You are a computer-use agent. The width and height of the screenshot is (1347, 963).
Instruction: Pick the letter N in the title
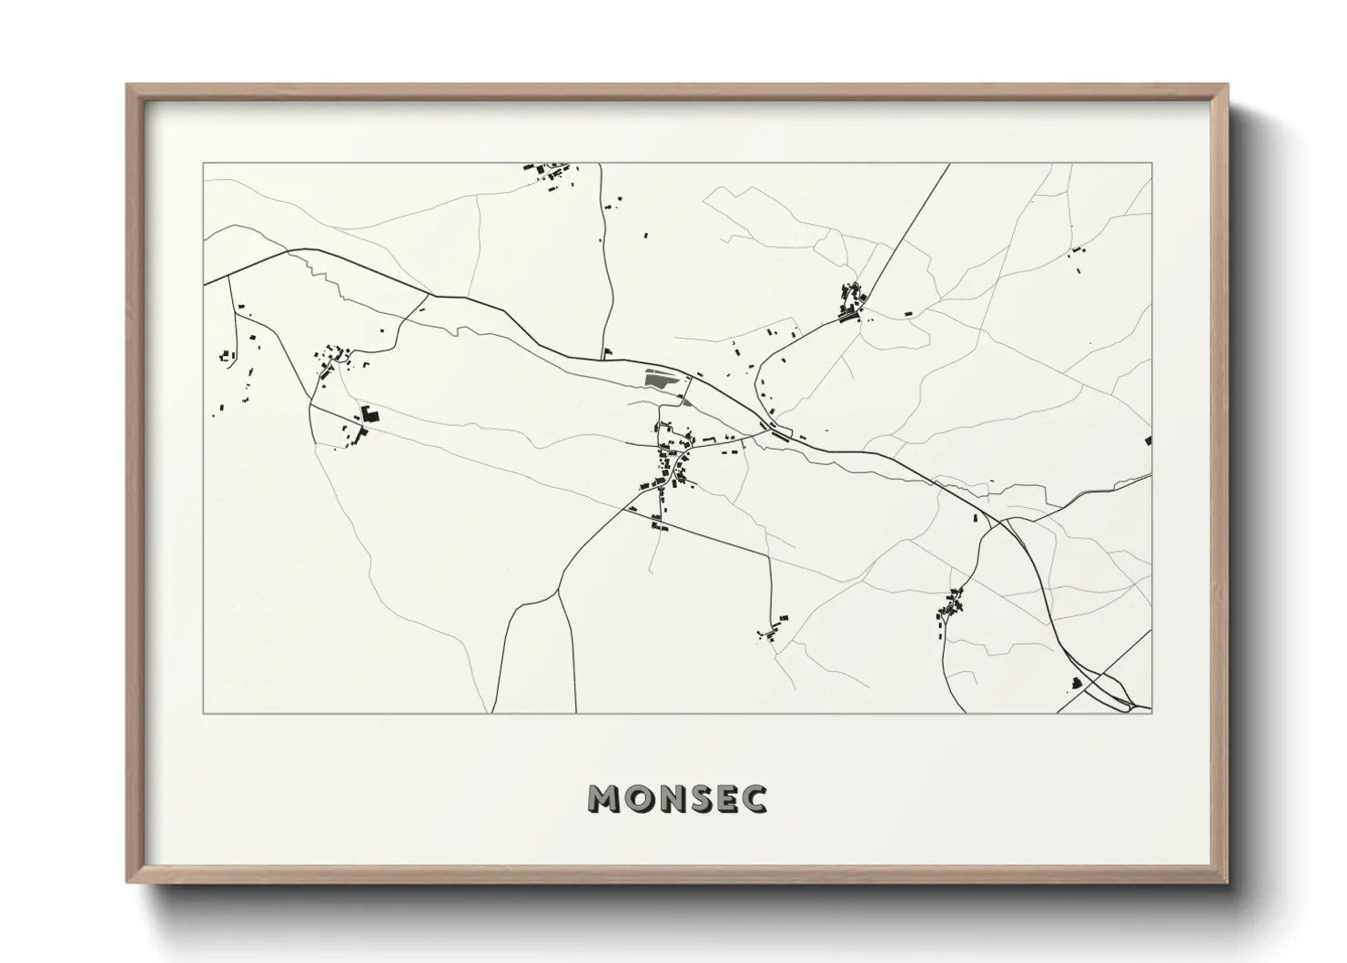[x=669, y=799]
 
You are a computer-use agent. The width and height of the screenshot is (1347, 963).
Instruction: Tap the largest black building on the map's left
[x=369, y=415]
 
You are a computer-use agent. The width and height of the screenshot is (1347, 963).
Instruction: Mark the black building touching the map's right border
[x=1149, y=441]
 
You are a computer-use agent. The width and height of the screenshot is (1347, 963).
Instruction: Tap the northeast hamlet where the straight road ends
[x=853, y=302]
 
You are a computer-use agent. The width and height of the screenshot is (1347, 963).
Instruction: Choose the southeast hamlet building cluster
[x=950, y=607]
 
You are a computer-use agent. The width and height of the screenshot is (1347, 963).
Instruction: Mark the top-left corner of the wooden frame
[x=127, y=86]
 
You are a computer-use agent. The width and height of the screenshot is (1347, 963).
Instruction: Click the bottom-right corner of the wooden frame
[x=1228, y=883]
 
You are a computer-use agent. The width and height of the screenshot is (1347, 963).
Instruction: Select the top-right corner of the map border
[x=1152, y=164]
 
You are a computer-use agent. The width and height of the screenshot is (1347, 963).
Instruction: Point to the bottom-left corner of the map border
[x=203, y=713]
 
